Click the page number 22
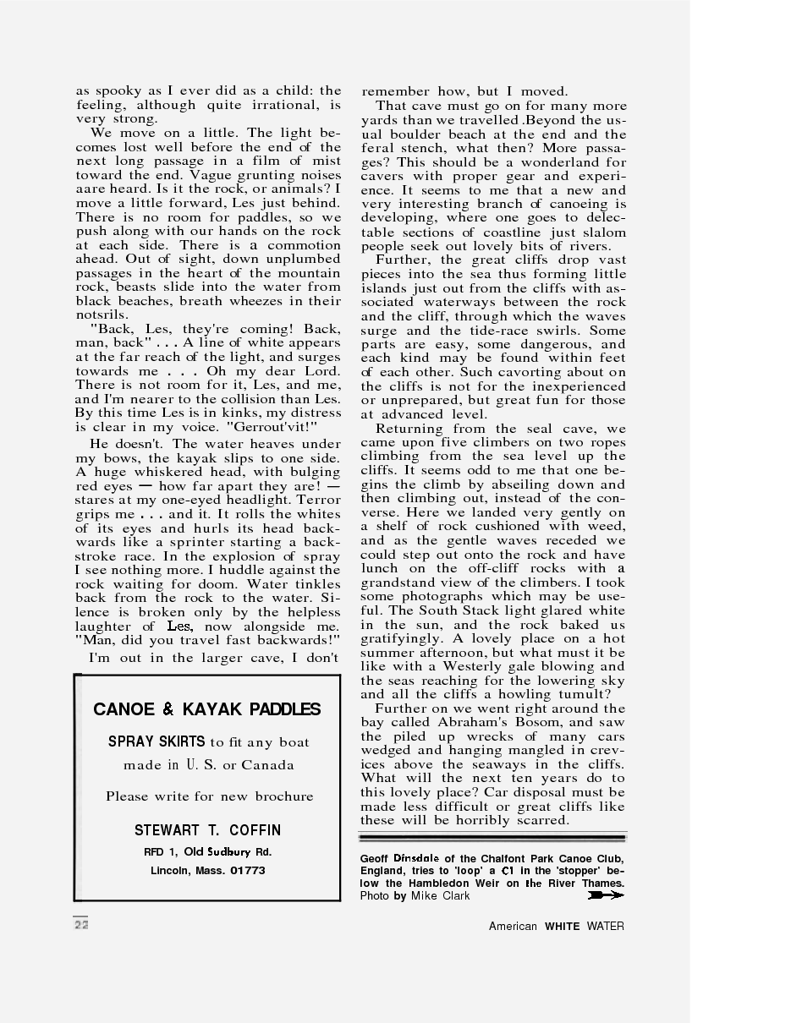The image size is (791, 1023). [x=81, y=924]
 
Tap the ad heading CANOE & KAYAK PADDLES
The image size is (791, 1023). [x=207, y=709]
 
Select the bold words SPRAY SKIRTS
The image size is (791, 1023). [x=157, y=742]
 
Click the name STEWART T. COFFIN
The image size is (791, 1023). [x=208, y=830]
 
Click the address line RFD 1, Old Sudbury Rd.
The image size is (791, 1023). [x=208, y=851]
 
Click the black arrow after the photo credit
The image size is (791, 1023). [x=605, y=895]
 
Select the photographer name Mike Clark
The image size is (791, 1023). [x=441, y=895]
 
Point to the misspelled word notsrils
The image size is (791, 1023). [x=101, y=315]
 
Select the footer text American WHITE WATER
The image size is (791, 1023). [x=556, y=926]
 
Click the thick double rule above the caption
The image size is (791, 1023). [x=492, y=837]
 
